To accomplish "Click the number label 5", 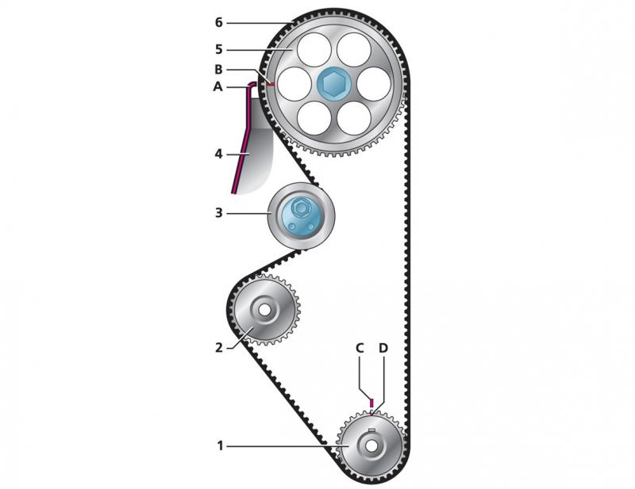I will (x=219, y=49).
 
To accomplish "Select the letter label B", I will (x=218, y=69).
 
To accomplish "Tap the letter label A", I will (x=218, y=87).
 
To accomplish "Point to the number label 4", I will (x=219, y=153).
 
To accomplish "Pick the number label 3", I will (x=219, y=213).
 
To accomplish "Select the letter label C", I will (x=360, y=348).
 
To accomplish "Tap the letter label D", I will (x=383, y=348).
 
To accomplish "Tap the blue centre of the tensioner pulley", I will (x=301, y=216).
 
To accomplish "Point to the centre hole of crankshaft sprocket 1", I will (x=371, y=445).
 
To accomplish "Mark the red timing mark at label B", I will (x=271, y=82).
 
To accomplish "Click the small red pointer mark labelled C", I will (x=371, y=403).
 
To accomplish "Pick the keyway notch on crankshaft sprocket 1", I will (x=371, y=432).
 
